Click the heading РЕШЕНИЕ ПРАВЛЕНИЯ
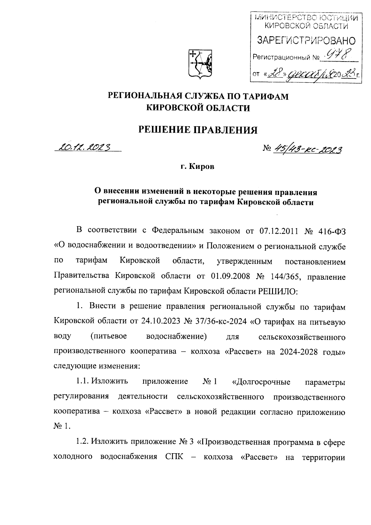tap(197, 130)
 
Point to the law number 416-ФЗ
tap(332, 231)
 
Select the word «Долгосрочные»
tap(261, 381)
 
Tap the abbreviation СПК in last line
tap(171, 457)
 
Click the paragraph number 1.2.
tap(82, 442)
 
